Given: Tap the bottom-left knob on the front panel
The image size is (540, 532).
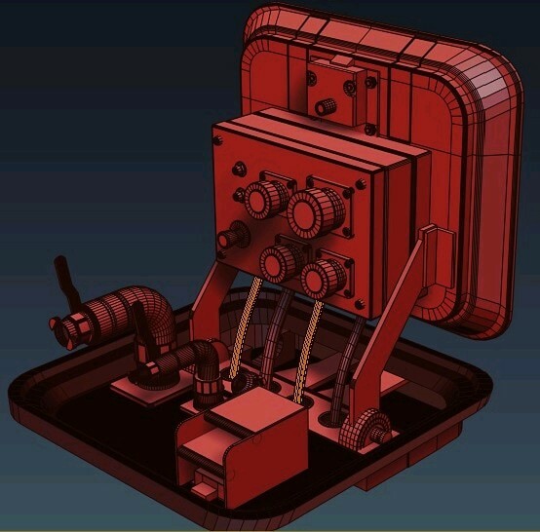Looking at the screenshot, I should [278, 260].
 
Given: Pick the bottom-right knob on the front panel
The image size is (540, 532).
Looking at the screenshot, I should [322, 277].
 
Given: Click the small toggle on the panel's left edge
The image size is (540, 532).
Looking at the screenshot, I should [230, 238].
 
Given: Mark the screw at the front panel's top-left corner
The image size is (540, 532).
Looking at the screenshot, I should [221, 137].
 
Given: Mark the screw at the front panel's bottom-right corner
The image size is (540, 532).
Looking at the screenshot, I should [363, 308].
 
